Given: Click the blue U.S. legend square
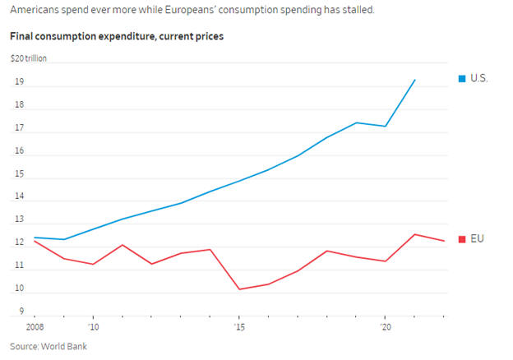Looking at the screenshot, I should (x=462, y=78).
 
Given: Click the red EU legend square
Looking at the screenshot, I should (x=462, y=238).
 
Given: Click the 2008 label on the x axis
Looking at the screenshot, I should (x=35, y=327).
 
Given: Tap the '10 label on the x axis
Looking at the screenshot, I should (x=93, y=327).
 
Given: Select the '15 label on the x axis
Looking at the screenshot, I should (x=239, y=327).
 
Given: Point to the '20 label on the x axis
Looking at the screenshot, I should (x=385, y=327).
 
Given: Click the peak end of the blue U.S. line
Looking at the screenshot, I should (x=414, y=80).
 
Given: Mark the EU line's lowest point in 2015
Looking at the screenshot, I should (x=239, y=289).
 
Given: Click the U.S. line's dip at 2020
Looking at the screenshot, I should (x=386, y=127).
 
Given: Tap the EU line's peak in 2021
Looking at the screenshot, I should (x=414, y=234).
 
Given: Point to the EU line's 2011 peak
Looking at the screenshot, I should (x=122, y=245).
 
